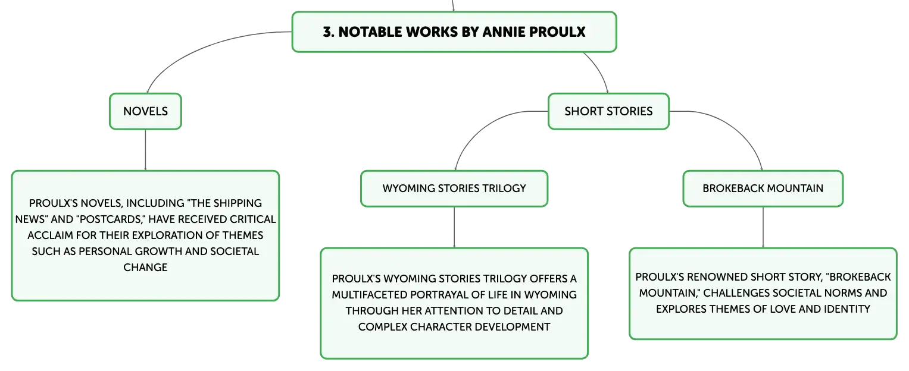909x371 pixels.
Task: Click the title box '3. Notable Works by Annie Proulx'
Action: [454, 32]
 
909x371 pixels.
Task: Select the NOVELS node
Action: [145, 112]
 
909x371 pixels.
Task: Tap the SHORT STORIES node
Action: [608, 112]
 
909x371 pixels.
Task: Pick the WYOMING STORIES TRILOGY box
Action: [454, 188]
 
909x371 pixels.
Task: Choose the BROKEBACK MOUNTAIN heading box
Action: [763, 188]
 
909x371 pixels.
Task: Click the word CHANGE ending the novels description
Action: [145, 268]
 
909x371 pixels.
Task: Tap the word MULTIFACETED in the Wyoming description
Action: [369, 295]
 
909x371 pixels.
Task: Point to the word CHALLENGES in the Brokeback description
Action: [735, 293]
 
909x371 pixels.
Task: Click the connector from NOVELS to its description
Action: [145, 150]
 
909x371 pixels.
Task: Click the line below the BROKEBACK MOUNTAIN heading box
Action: [763, 227]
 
